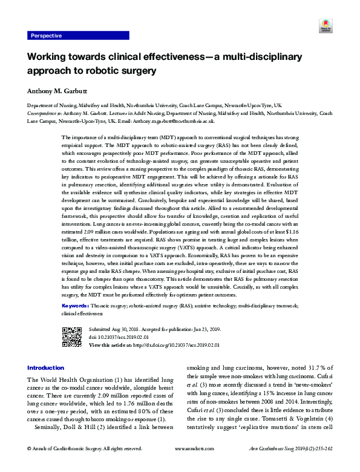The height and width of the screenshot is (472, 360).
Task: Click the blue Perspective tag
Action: [48, 36]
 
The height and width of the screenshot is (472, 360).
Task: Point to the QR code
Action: [72, 336]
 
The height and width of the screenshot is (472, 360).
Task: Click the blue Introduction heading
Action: [46, 368]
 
